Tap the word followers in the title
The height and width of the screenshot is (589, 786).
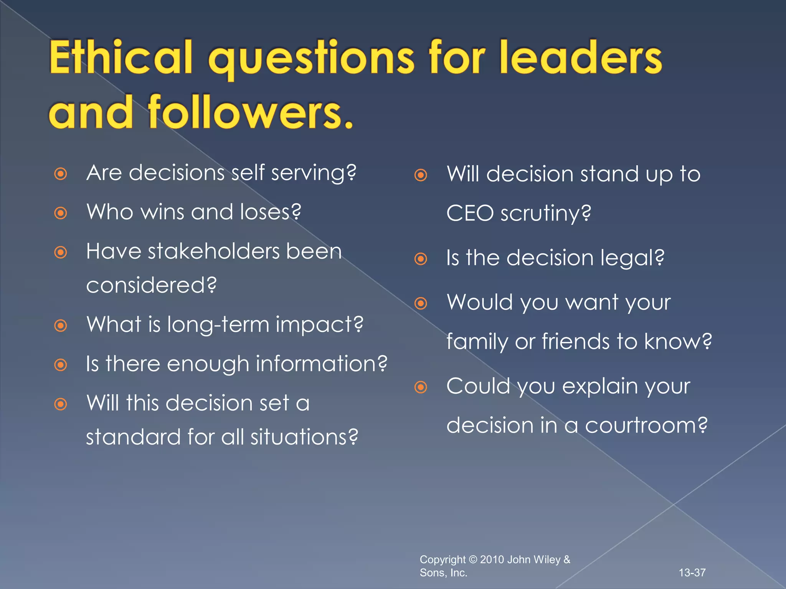click(250, 113)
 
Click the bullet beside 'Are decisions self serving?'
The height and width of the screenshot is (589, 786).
click(61, 174)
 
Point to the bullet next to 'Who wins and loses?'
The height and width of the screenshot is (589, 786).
click(61, 213)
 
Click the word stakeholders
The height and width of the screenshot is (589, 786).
click(214, 252)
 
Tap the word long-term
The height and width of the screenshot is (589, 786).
click(218, 324)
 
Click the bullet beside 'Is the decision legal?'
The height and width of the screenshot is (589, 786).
click(421, 259)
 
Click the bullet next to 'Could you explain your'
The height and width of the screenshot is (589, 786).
click(421, 387)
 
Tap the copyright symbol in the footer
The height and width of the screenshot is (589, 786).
click(473, 560)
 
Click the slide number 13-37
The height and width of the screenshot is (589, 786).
click(692, 573)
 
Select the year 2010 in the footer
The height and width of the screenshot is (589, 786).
click(492, 560)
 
